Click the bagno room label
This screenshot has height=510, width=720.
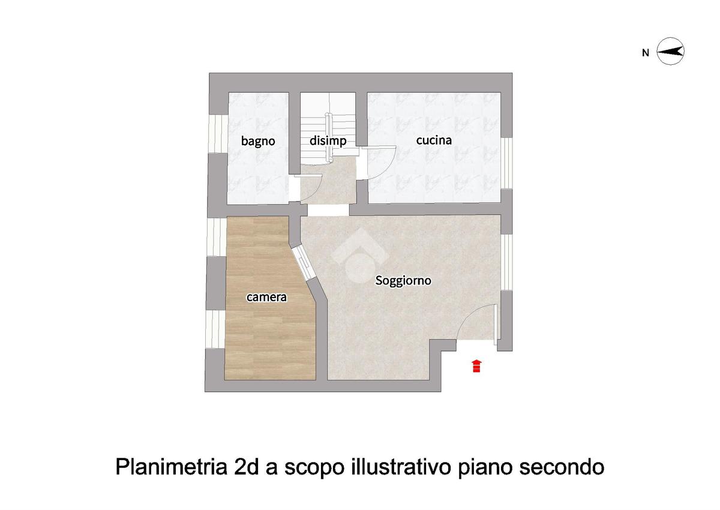click(258, 142)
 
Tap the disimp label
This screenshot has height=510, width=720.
click(328, 141)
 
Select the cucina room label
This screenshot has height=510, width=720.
click(434, 140)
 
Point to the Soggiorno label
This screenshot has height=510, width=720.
click(403, 281)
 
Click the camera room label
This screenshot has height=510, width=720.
click(266, 297)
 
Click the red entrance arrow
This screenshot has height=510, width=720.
click(476, 366)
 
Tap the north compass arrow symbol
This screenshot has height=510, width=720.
click(670, 52)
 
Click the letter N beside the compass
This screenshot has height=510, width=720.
click(646, 53)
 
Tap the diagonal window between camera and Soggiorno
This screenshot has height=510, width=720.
click(304, 263)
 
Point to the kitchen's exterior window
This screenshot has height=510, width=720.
click(506, 163)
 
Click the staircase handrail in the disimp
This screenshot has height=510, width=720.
click(328, 137)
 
